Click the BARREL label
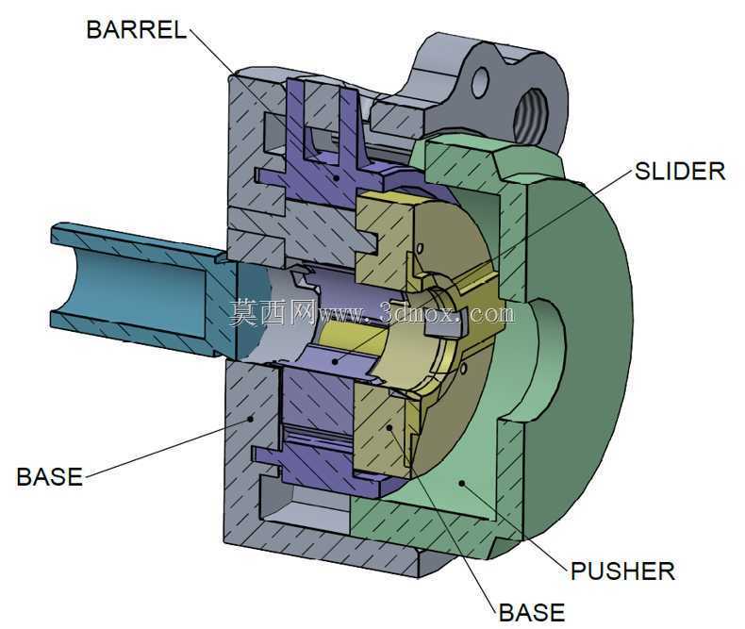coord(137,30)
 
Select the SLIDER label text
coord(680,172)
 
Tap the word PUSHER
coord(622,571)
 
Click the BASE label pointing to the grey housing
coord(49,477)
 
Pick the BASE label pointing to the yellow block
coord(532,613)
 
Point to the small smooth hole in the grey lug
coord(480,82)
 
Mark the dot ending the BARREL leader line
coord(337,178)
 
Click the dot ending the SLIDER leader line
coord(335,362)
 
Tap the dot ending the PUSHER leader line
coord(461,483)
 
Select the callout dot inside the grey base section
coord(251,419)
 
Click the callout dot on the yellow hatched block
coord(389,427)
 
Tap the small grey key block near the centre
coord(441,329)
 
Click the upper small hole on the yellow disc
coord(420,248)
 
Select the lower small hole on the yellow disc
coord(464,368)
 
